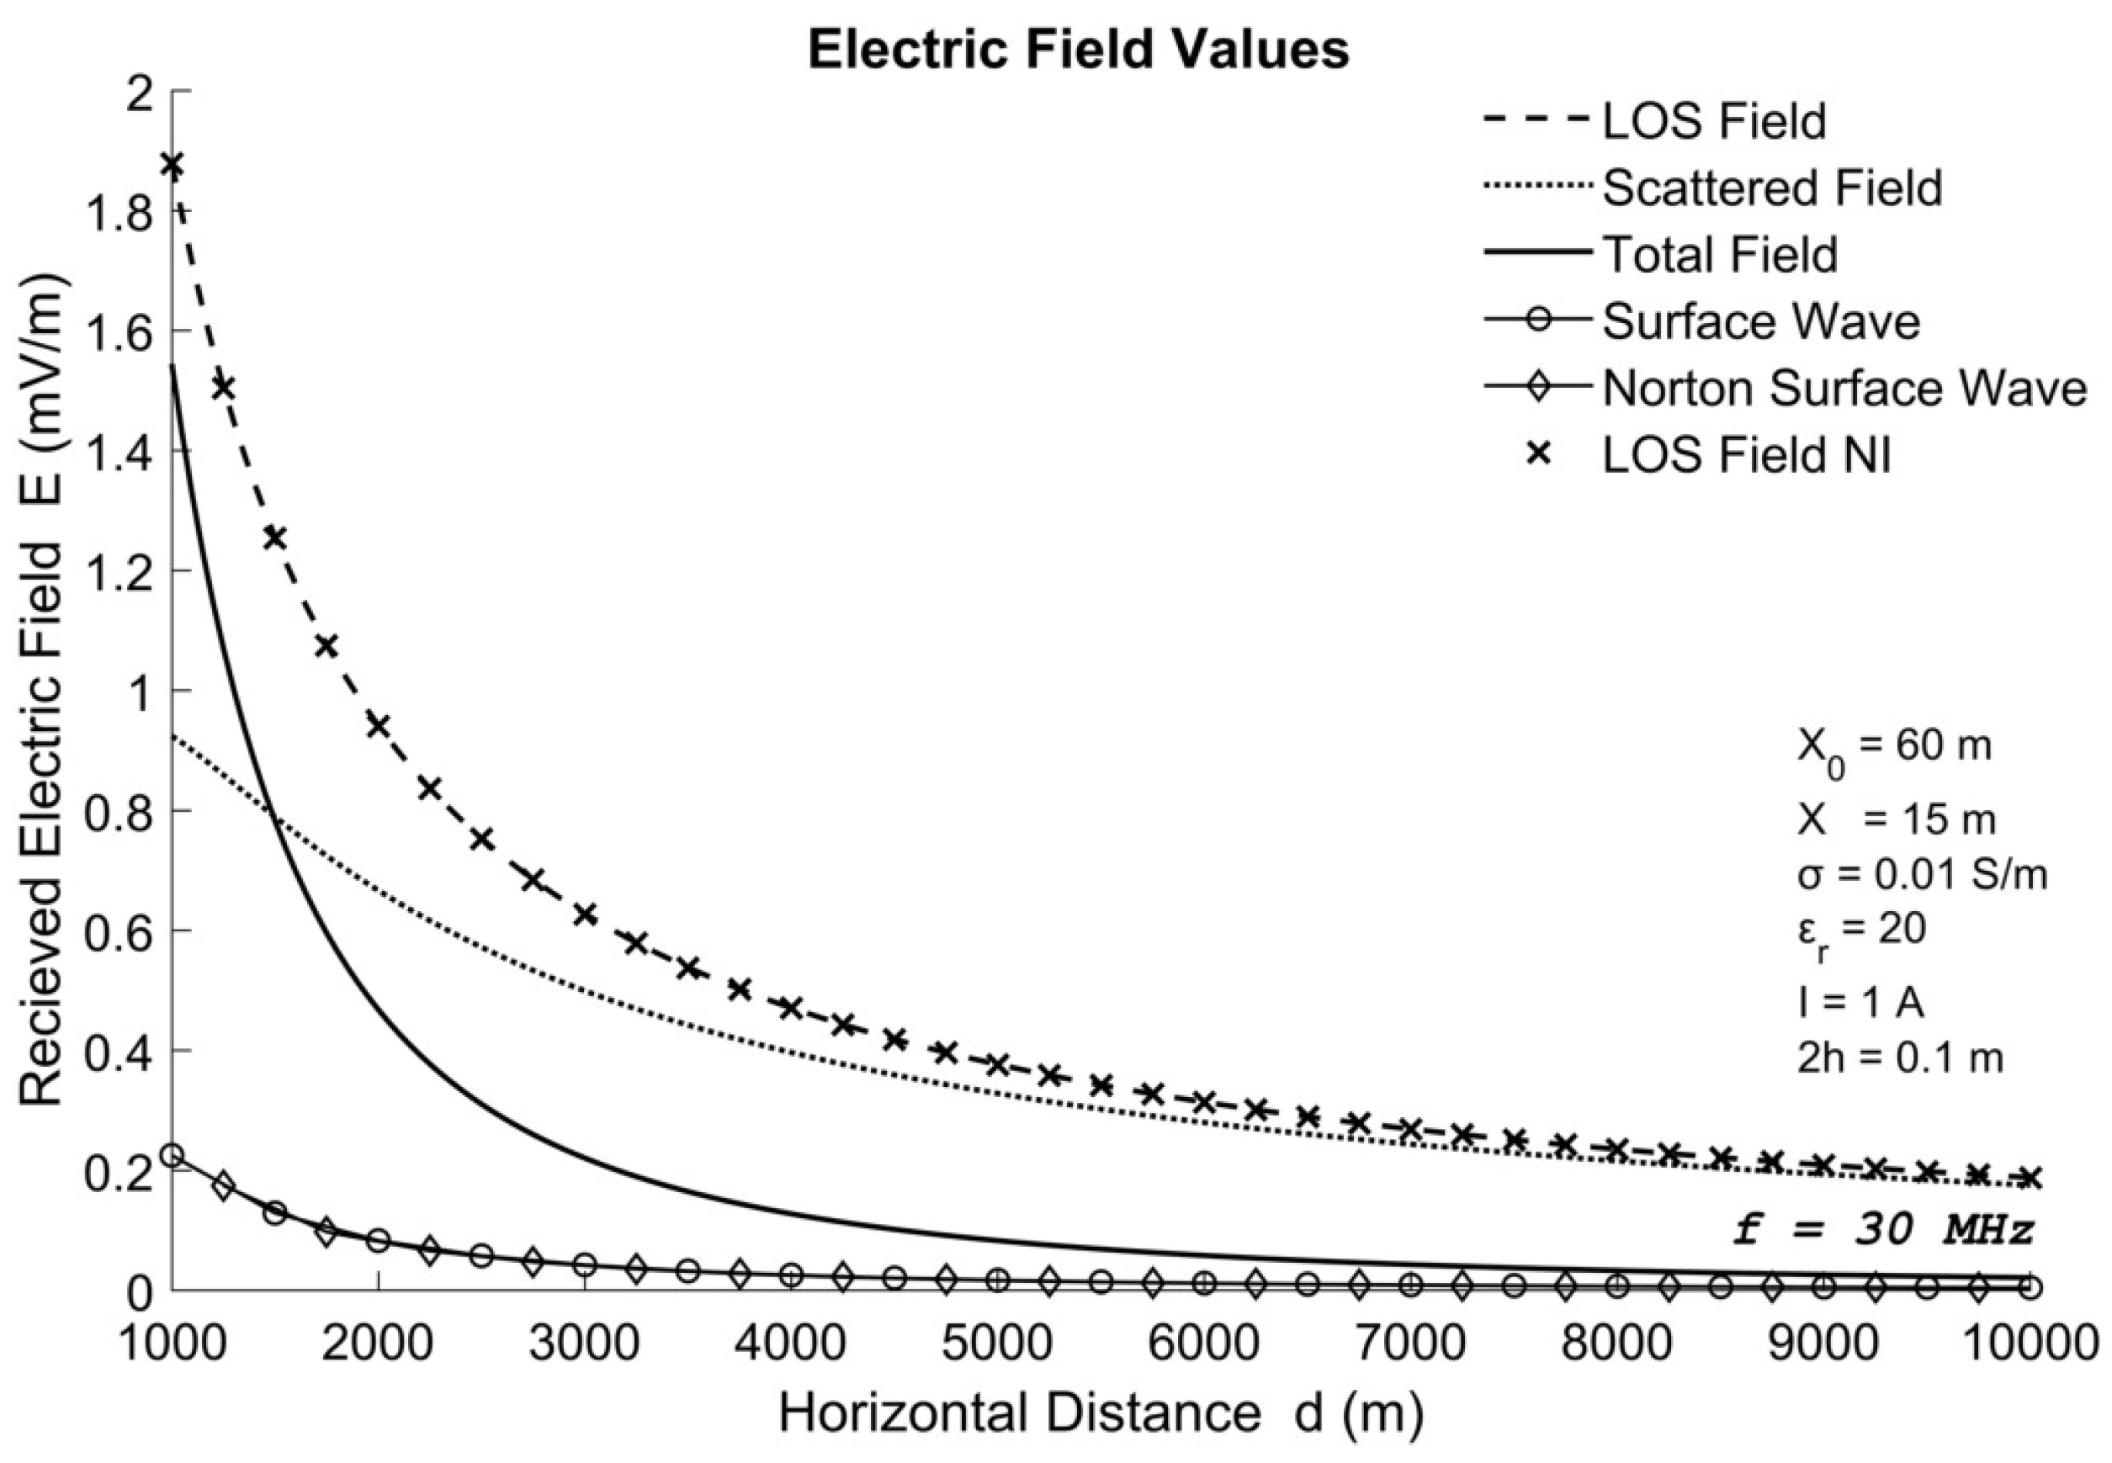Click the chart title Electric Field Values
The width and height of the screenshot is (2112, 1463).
[1078, 50]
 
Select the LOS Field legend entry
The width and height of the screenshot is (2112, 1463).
[1714, 121]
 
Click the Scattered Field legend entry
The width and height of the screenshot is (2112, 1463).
[1771, 188]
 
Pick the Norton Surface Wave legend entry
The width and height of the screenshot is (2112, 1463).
[1844, 388]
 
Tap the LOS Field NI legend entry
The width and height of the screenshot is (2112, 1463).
[1745, 454]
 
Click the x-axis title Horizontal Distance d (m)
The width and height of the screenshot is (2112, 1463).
[1101, 1414]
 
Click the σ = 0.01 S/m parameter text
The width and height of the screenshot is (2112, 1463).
[1921, 876]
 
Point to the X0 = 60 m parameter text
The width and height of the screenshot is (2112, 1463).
[1894, 748]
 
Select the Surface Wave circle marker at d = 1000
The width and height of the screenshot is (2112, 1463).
[172, 1155]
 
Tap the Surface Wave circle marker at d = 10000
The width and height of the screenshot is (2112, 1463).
[2030, 1287]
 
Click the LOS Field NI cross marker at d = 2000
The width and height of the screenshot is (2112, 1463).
[378, 725]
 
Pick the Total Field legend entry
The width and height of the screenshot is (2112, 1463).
[1720, 254]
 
